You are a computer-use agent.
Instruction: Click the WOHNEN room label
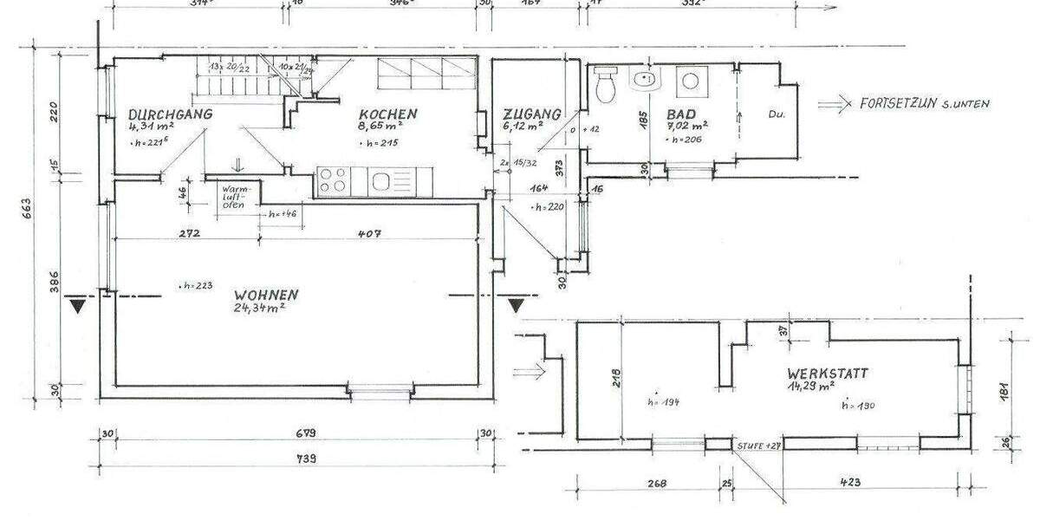267,293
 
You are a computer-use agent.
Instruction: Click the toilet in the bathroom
606,84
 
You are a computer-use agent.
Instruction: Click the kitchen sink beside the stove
381,181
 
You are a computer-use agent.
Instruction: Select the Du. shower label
777,114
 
